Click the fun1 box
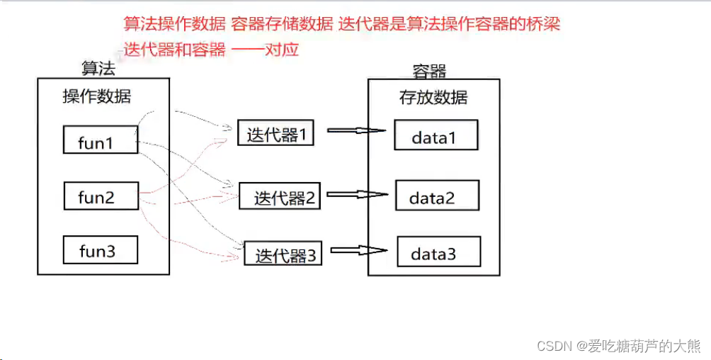click(x=100, y=140)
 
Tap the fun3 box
click(x=100, y=250)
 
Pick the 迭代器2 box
click(x=280, y=196)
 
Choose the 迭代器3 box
click(x=283, y=254)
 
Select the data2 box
click(x=437, y=196)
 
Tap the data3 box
click(x=438, y=252)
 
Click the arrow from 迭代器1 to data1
click(x=356, y=130)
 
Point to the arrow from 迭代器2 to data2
click(x=358, y=193)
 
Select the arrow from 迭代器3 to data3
click(x=358, y=249)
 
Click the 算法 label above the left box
click(x=98, y=68)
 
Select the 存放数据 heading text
click(x=433, y=97)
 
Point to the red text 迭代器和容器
click(x=175, y=50)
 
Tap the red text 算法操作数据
click(x=174, y=23)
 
